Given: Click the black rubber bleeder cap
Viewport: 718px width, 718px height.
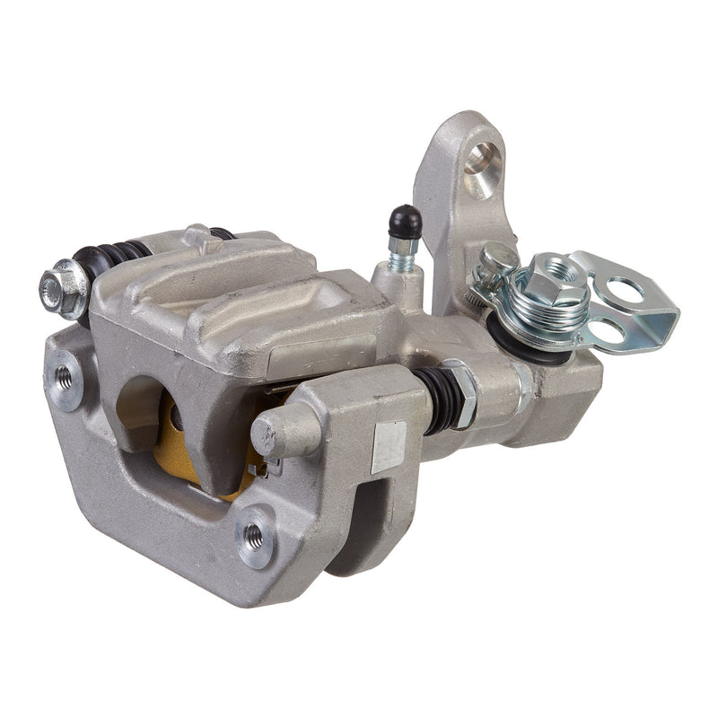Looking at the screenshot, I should [x=406, y=221].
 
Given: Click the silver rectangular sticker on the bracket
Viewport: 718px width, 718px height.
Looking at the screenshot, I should [x=389, y=446].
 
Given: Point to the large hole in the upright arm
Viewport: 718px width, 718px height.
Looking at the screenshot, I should [x=483, y=170].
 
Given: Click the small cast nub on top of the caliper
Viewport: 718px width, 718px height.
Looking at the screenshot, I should [x=196, y=237].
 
